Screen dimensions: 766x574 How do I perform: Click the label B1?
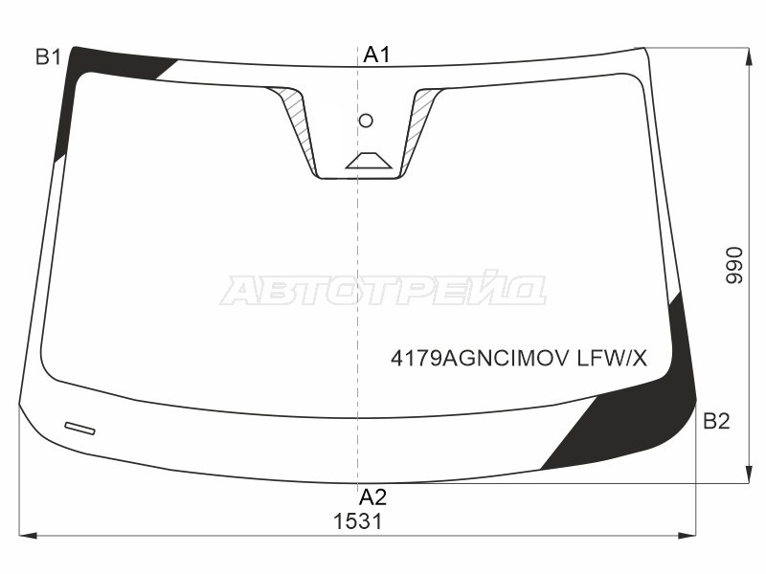coord(48,57)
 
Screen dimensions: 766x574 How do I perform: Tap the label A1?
coord(376,55)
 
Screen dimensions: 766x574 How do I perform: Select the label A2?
coord(372,497)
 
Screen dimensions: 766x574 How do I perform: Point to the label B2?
coord(716,421)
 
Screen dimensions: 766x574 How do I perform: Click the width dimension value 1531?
coord(357,521)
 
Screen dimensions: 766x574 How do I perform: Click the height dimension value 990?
coord(733,265)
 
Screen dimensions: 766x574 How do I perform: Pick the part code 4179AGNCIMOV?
coord(480,359)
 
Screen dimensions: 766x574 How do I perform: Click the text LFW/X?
coord(612,359)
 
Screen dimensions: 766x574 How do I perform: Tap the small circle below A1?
coord(366,121)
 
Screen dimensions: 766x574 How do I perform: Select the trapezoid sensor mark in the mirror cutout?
coord(369,161)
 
